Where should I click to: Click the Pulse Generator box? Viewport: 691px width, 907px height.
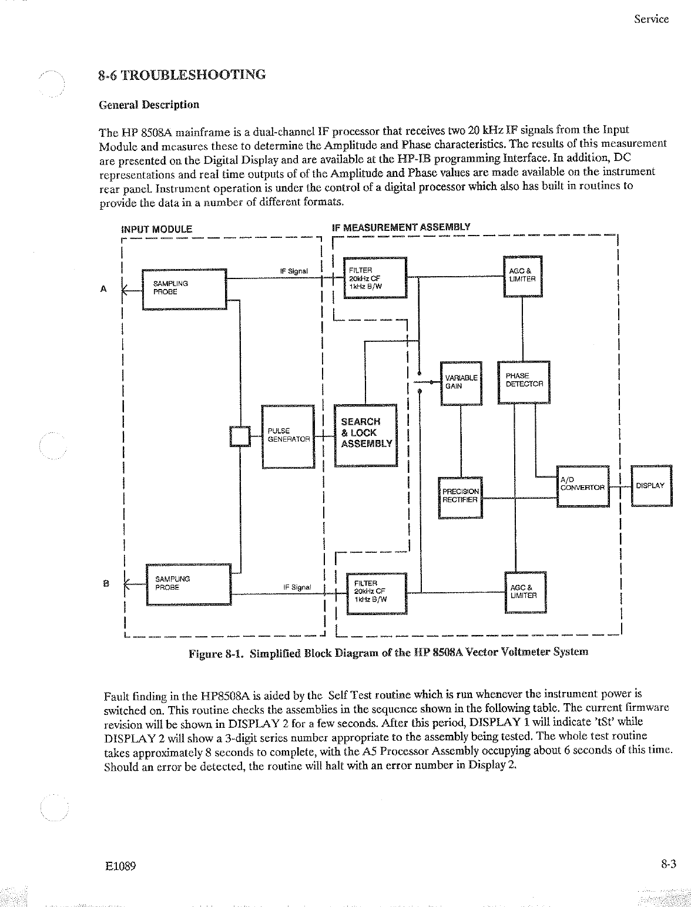pos(288,436)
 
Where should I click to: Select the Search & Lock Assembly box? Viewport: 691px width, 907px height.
pos(365,435)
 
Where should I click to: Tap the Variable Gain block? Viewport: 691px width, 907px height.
pos(461,383)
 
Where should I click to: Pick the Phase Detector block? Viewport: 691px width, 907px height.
pos(524,382)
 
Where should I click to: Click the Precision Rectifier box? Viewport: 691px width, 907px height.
pos(461,497)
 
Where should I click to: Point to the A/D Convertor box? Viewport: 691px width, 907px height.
pos(582,486)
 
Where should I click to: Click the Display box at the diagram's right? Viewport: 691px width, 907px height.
pos(651,486)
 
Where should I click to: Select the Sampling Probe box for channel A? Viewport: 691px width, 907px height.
pos(184,288)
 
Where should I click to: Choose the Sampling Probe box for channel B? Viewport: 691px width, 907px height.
pos(188,584)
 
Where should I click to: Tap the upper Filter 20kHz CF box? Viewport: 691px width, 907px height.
pos(374,278)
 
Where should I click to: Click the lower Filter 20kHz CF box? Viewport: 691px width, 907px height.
pos(376,592)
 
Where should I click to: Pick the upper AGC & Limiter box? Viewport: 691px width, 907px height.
pos(522,277)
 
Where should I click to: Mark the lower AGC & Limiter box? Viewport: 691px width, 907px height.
pos(525,592)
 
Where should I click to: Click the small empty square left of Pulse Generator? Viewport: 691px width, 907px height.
pos(240,436)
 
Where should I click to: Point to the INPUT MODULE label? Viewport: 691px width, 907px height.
pos(156,229)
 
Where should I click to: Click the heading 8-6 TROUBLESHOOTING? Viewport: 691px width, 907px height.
pos(182,75)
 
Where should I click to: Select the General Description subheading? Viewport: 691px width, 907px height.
pos(149,105)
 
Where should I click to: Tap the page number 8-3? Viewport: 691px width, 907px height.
pos(668,864)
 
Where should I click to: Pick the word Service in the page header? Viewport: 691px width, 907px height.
pos(651,19)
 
